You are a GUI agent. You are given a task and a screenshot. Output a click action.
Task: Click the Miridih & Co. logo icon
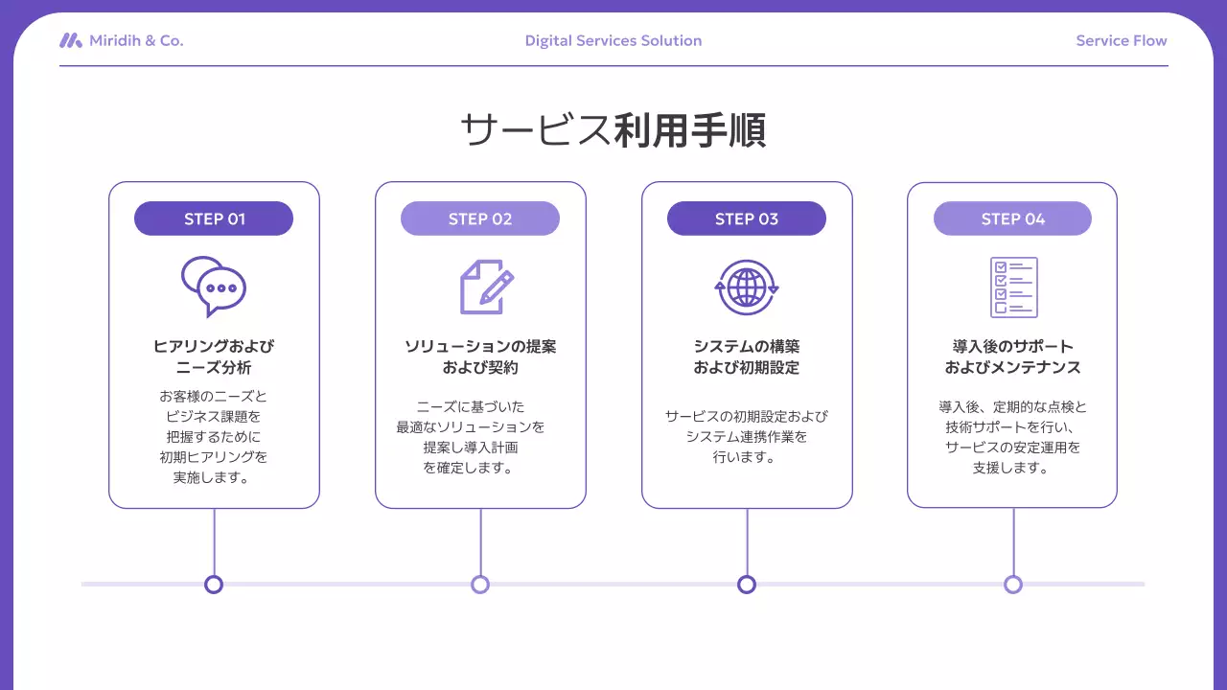[70, 40]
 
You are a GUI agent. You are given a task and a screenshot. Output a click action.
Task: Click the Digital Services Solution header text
[613, 40]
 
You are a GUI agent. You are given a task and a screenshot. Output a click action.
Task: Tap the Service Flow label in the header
[1121, 40]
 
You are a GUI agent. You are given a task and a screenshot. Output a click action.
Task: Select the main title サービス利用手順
[613, 130]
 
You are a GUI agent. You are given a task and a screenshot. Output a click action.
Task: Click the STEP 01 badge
[214, 218]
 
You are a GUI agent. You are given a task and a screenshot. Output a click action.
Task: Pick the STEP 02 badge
[480, 218]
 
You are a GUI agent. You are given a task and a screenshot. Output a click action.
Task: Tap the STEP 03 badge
[747, 218]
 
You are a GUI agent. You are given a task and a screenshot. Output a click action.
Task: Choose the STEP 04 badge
[1012, 218]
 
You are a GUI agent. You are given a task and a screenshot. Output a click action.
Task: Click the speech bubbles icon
[214, 287]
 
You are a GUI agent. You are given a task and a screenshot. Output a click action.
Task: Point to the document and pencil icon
[486, 287]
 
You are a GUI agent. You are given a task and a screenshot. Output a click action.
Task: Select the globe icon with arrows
[747, 287]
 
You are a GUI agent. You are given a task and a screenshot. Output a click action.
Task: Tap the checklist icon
[1013, 287]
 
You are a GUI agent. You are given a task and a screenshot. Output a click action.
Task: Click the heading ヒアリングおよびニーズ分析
[214, 356]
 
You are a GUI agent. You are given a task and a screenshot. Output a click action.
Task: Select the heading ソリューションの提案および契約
[480, 356]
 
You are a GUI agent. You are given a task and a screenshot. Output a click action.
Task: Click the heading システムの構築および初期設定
[747, 356]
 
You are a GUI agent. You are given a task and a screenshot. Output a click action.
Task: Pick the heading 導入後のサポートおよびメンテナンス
[1012, 356]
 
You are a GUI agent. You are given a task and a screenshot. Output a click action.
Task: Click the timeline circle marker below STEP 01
[214, 585]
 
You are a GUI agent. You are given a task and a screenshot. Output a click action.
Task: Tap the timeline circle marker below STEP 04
[1013, 585]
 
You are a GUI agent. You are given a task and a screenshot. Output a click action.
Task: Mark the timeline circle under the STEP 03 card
[747, 585]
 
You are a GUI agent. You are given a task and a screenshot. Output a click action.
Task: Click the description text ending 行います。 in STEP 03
[747, 437]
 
